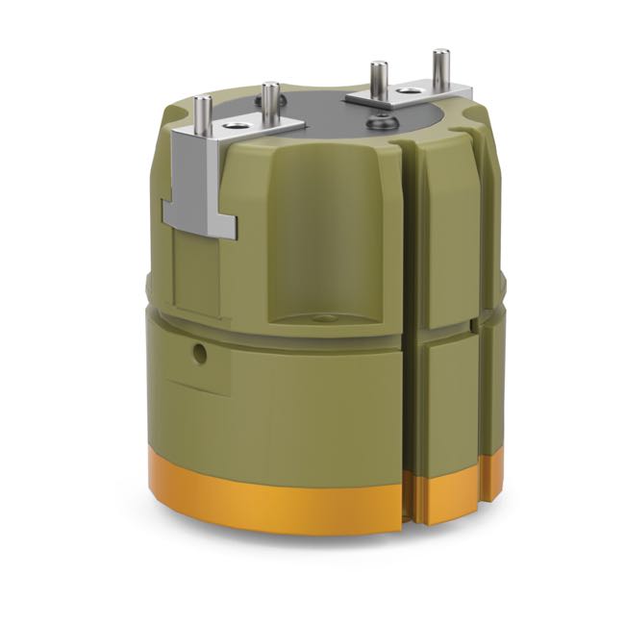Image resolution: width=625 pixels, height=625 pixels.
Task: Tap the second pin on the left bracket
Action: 270,104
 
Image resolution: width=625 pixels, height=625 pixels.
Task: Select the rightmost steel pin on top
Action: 439,68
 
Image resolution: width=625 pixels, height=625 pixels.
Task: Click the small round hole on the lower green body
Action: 200,354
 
